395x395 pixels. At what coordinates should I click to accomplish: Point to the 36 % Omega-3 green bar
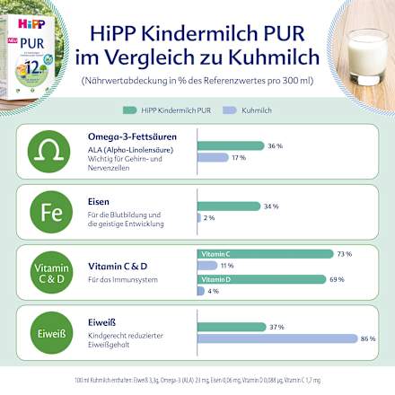click(x=230, y=145)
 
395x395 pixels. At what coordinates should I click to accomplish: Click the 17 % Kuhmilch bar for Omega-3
click(x=213, y=158)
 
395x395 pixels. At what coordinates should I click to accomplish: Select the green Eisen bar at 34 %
click(x=228, y=206)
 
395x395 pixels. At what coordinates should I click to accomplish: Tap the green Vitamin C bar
click(x=264, y=254)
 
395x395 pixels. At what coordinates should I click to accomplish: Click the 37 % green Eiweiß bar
click(x=231, y=326)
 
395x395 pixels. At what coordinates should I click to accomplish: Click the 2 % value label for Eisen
click(x=210, y=217)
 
